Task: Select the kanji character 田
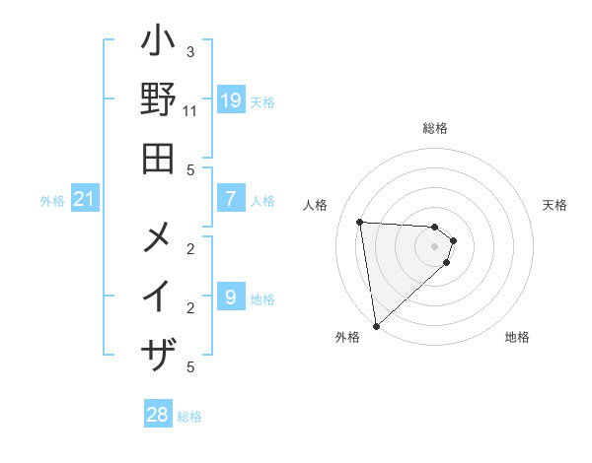click(158, 157)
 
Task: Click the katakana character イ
click(158, 296)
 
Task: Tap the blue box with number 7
click(230, 199)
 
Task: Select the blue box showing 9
click(230, 296)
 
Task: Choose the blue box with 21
click(85, 199)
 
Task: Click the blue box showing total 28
click(158, 415)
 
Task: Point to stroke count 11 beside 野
click(190, 110)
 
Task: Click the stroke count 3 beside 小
click(190, 51)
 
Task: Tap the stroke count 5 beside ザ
click(190, 367)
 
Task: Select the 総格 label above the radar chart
click(435, 128)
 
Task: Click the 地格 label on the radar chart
click(517, 337)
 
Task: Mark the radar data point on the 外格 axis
click(376, 326)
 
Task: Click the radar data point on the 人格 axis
click(360, 222)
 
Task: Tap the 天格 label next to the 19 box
click(261, 101)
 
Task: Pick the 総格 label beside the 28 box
click(189, 417)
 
